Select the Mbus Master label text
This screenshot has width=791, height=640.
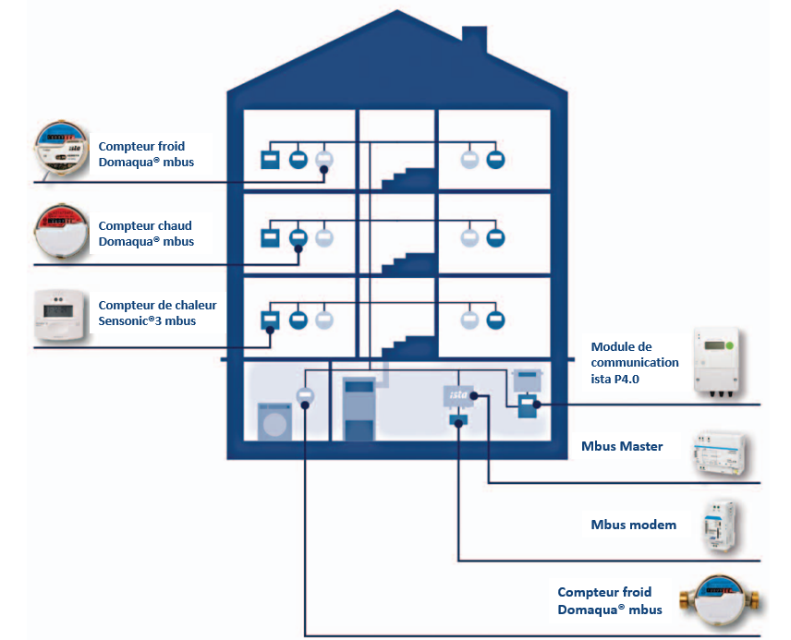pos(622,446)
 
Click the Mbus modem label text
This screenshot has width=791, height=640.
pos(633,525)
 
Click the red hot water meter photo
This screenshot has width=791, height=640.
pos(63,232)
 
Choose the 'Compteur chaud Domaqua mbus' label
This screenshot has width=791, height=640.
pos(146,234)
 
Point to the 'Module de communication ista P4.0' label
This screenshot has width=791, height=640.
pos(634,362)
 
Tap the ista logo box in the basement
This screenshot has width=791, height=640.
pos(458,395)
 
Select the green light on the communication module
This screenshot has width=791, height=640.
pos(729,345)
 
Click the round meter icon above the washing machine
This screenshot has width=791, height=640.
pos(306,396)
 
